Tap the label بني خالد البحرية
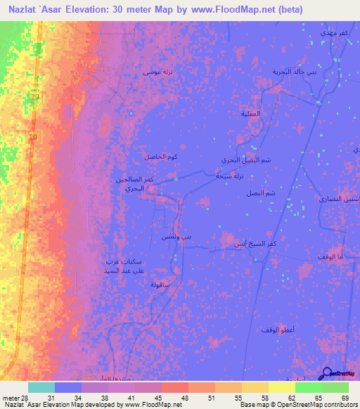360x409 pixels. pyautogui.click(x=298, y=72)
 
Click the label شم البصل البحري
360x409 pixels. pyautogui.click(x=245, y=160)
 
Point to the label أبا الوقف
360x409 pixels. pyautogui.click(x=330, y=257)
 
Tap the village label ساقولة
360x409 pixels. pyautogui.click(x=161, y=285)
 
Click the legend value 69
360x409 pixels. pyautogui.click(x=344, y=398)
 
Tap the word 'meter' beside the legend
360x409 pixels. pyautogui.click(x=10, y=398)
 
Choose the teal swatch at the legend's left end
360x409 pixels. pyautogui.click(x=41, y=387)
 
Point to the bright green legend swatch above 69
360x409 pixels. pyautogui.click(x=335, y=387)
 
